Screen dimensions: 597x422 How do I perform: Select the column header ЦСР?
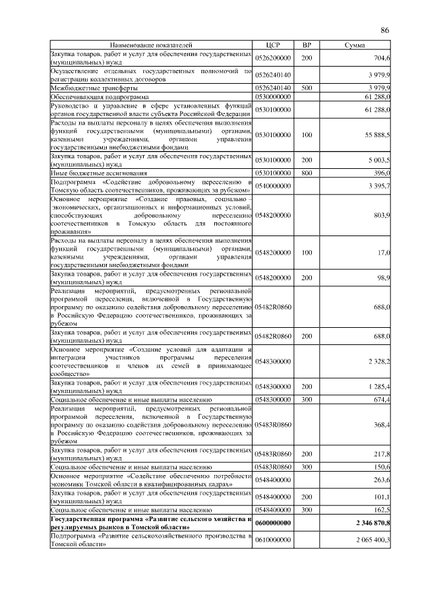(273, 45)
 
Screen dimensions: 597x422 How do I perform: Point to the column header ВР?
(306, 45)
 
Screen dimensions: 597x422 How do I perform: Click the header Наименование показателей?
(152, 45)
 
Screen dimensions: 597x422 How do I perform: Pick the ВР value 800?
(306, 173)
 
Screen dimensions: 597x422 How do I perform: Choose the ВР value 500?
(306, 87)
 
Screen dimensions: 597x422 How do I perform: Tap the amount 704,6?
(380, 58)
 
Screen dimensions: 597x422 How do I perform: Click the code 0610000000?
(273, 540)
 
